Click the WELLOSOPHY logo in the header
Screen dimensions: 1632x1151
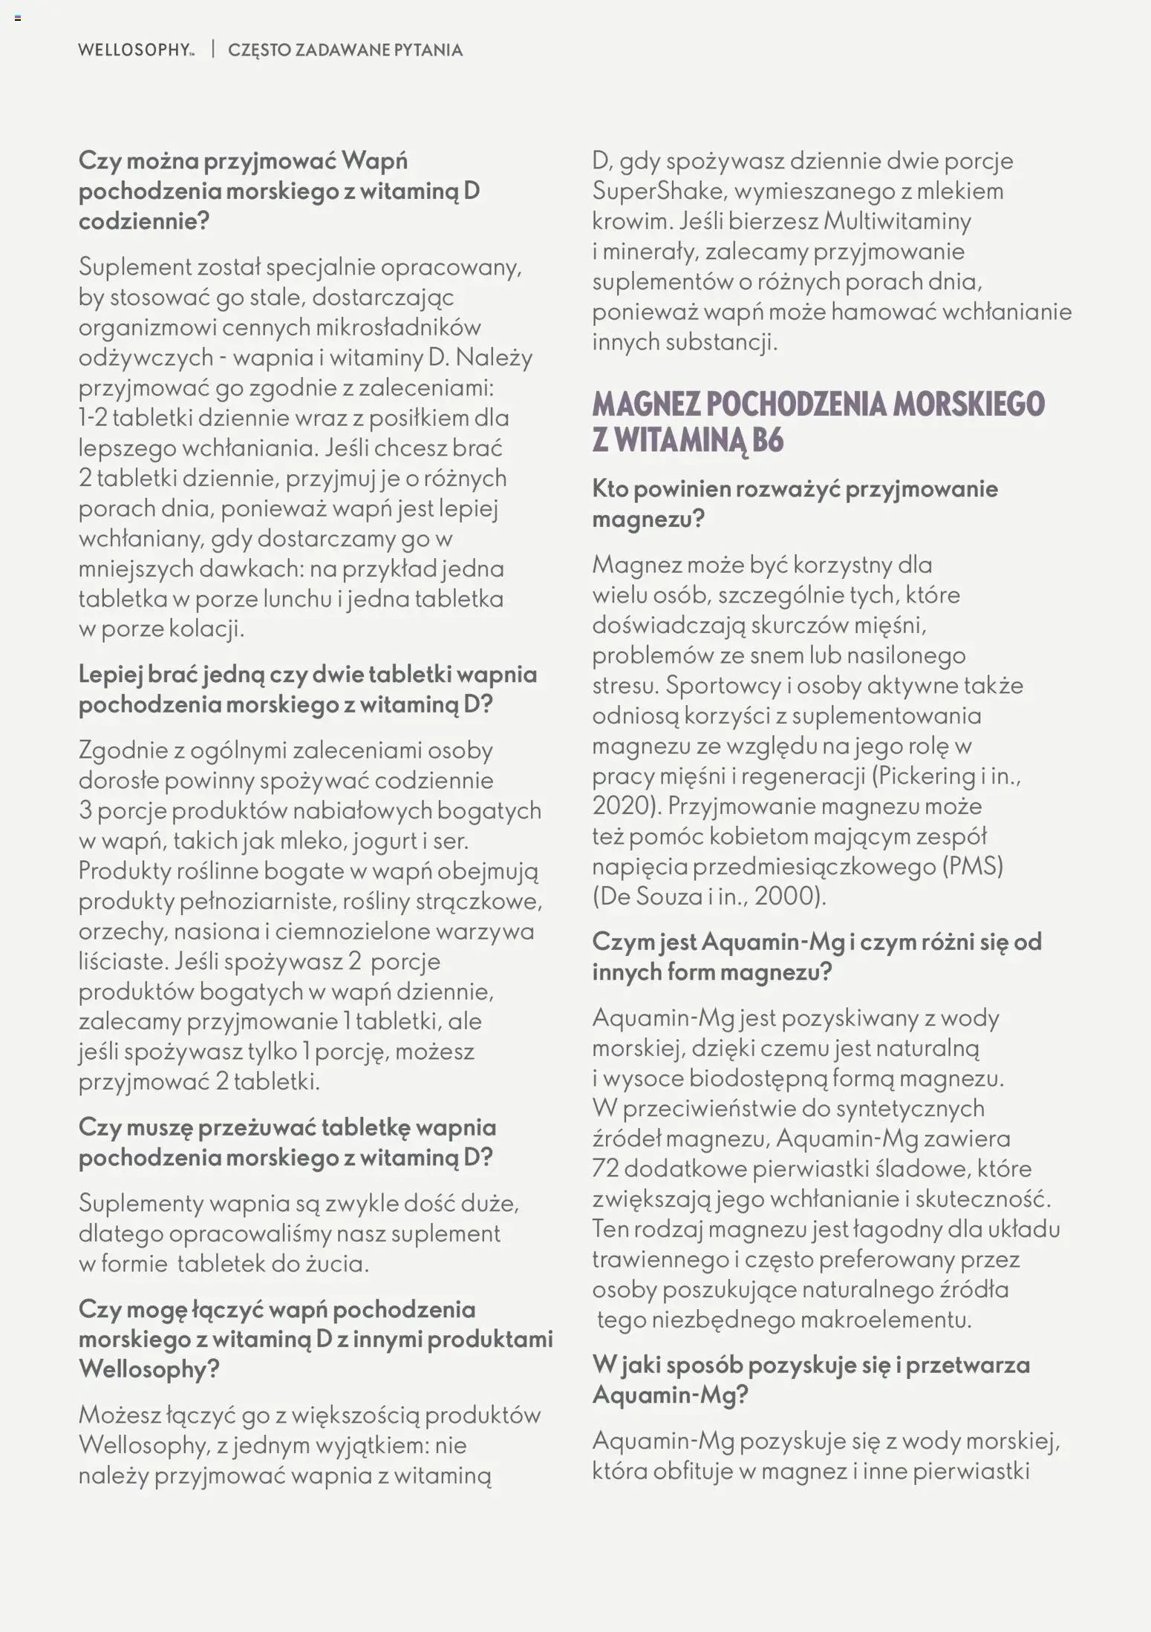click(x=135, y=50)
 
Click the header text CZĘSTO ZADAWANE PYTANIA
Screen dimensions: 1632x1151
click(x=345, y=50)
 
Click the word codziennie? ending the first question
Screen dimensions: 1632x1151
click(x=144, y=221)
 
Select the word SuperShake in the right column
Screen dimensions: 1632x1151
click(x=657, y=191)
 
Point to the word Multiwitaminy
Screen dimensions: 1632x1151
click(x=898, y=221)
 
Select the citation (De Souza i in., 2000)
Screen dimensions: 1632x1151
click(x=709, y=897)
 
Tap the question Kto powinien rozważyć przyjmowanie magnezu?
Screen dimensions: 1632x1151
click(x=795, y=503)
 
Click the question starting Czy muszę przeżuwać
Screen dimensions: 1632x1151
click(x=287, y=1142)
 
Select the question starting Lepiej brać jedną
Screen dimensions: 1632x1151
click(x=307, y=689)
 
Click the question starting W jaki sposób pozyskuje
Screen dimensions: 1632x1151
click(x=811, y=1380)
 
